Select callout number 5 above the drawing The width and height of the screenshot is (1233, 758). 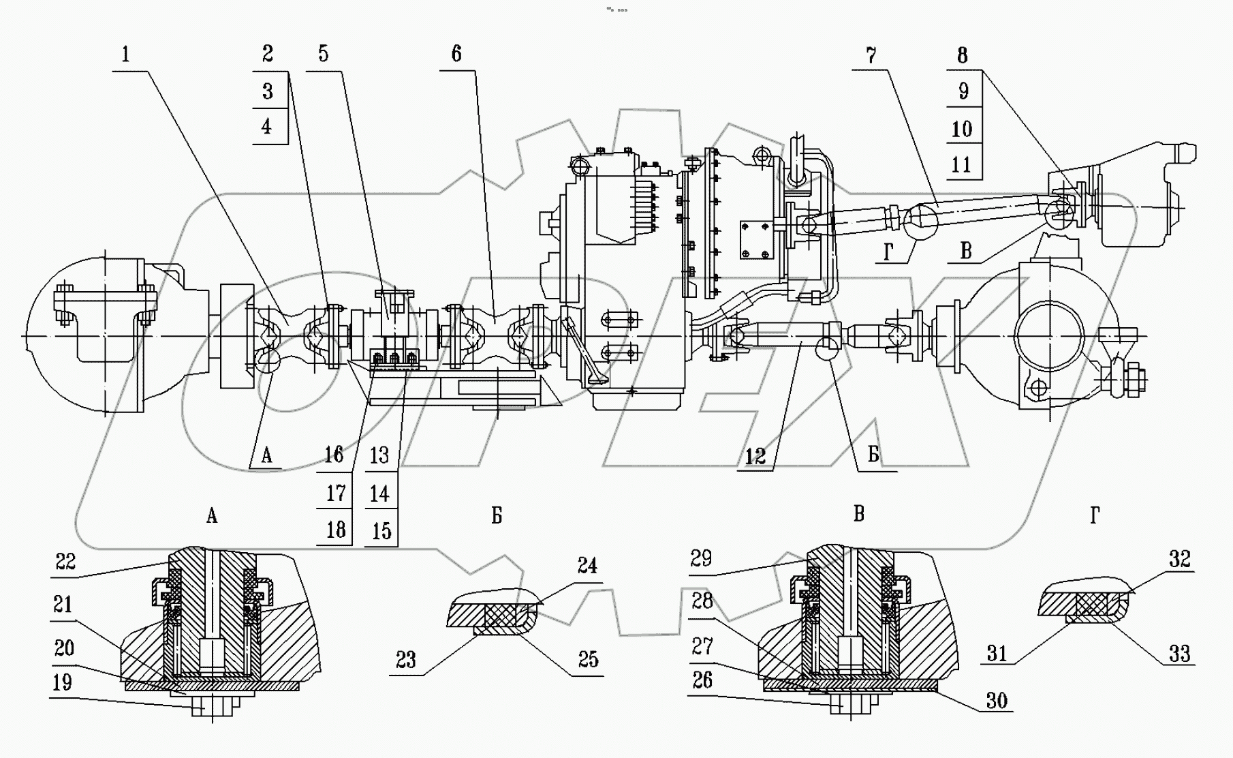[324, 53]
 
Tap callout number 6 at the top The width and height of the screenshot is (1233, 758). [456, 53]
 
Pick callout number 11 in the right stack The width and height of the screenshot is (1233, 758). [961, 164]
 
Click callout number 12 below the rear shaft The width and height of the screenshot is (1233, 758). [755, 456]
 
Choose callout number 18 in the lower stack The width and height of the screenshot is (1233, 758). [335, 530]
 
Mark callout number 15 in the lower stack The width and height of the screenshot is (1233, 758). [381, 531]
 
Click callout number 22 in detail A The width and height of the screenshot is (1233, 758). [65, 562]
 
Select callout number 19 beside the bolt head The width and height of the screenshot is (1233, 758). [63, 682]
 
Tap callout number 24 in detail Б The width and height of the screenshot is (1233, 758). [587, 565]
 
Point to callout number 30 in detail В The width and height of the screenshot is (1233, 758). [997, 700]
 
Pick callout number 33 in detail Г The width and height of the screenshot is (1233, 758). [1179, 654]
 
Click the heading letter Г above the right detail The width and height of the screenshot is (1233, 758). [1095, 516]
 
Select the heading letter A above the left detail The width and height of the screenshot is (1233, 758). [212, 516]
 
